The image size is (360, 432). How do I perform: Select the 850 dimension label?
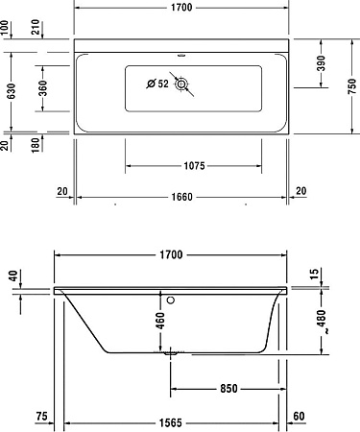[227, 388]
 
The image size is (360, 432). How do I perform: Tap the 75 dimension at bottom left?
[41, 415]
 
